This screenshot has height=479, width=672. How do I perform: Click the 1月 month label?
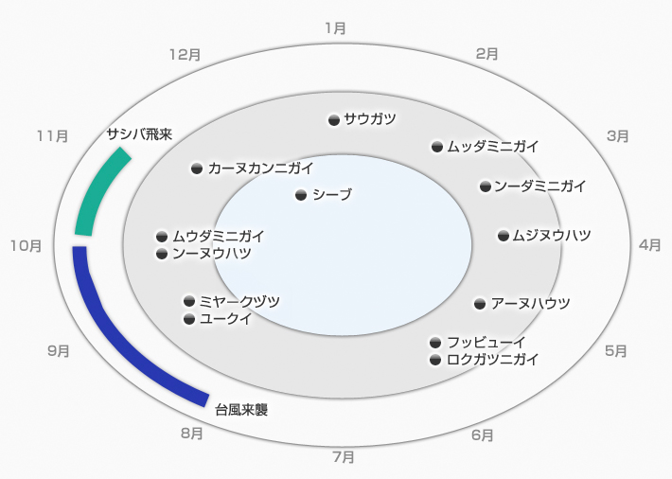coord(335,28)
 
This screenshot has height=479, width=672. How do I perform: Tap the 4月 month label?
coord(649,244)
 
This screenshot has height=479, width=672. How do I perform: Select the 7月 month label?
coord(344,457)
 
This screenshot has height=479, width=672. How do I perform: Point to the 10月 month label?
coord(26,246)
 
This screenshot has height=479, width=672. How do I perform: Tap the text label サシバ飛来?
coord(139,133)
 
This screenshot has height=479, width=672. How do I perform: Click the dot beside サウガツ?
coord(333,119)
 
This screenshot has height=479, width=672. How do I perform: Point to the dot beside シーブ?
coord(301,195)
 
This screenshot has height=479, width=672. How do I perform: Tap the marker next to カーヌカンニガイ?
coord(197,169)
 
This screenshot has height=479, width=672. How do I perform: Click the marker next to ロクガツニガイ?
coord(435,360)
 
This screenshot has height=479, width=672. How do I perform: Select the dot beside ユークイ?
coord(188,319)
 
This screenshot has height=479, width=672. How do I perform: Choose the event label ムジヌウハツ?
coord(551,236)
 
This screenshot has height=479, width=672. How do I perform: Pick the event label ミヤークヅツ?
coord(239,301)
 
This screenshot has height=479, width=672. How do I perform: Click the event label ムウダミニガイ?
coord(218,236)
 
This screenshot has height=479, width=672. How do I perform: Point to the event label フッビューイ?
coord(486,342)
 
